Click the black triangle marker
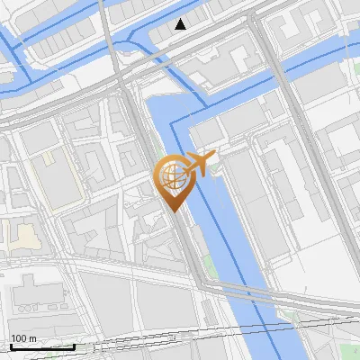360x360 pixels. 181,24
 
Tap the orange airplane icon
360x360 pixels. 199,164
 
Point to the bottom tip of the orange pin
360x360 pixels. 172,211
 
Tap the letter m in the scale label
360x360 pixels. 33,338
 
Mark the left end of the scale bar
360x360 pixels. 11,346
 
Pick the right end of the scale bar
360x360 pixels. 74,346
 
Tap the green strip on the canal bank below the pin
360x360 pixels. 209,265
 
